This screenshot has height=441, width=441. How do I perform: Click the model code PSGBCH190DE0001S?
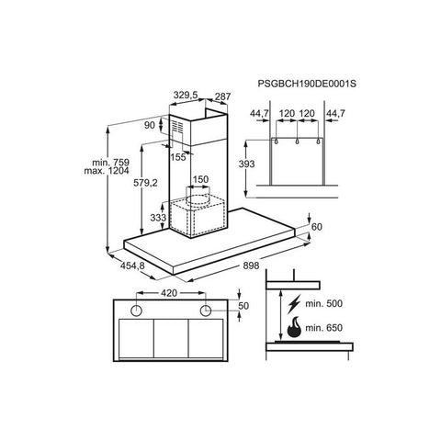307,84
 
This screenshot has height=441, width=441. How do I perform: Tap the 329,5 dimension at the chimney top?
186,96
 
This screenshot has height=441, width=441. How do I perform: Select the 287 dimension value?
222,96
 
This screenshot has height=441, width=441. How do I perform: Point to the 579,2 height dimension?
145,183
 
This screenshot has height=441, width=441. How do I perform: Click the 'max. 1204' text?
107,171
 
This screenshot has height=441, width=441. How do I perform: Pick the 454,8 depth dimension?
132,266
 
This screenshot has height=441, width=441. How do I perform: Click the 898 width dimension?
251,266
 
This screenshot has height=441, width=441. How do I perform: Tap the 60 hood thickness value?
317,227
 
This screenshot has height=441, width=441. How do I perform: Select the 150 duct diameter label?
200,179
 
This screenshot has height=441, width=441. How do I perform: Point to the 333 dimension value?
158,218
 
